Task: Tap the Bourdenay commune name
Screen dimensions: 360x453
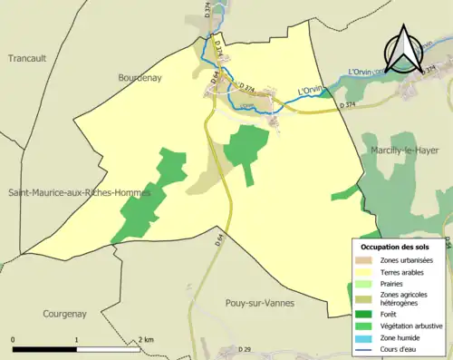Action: click(140, 79)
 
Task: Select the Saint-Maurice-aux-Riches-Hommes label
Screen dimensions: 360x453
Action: click(80, 193)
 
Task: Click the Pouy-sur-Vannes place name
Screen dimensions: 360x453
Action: click(258, 303)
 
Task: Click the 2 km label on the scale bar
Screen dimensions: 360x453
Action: click(148, 339)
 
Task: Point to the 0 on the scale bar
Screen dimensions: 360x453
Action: click(14, 339)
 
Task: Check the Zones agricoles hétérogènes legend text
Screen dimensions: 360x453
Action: click(404, 298)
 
